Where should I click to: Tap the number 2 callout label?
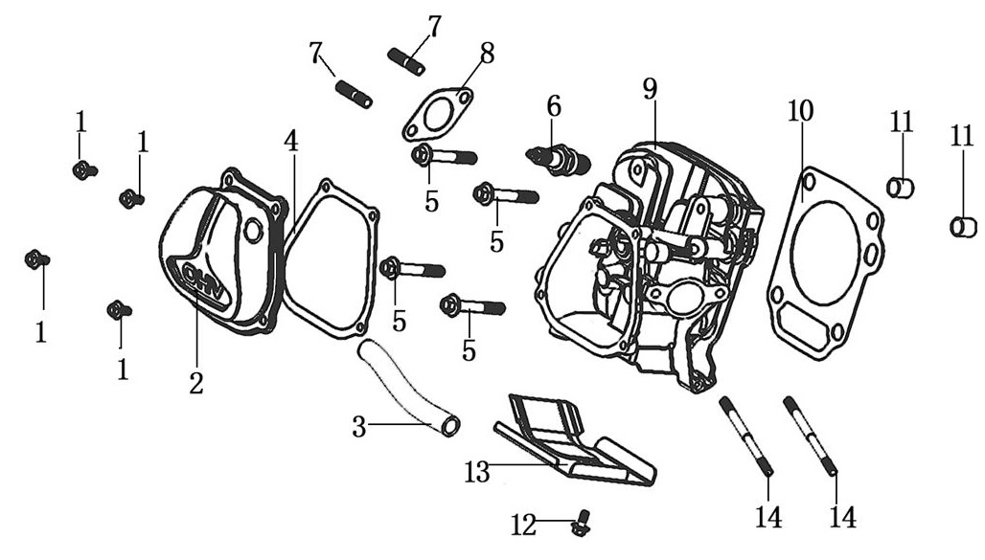[x=195, y=383]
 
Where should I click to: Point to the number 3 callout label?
[x=359, y=427]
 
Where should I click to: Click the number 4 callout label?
[x=291, y=141]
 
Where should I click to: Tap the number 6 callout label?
[x=553, y=106]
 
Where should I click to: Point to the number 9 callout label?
[x=651, y=89]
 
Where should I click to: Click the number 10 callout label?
[x=800, y=111]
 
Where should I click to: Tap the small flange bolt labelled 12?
[x=579, y=525]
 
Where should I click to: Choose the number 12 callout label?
[x=523, y=524]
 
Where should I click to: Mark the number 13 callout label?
[x=477, y=472]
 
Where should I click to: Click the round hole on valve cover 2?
[x=253, y=230]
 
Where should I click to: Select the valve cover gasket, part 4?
[x=331, y=258]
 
